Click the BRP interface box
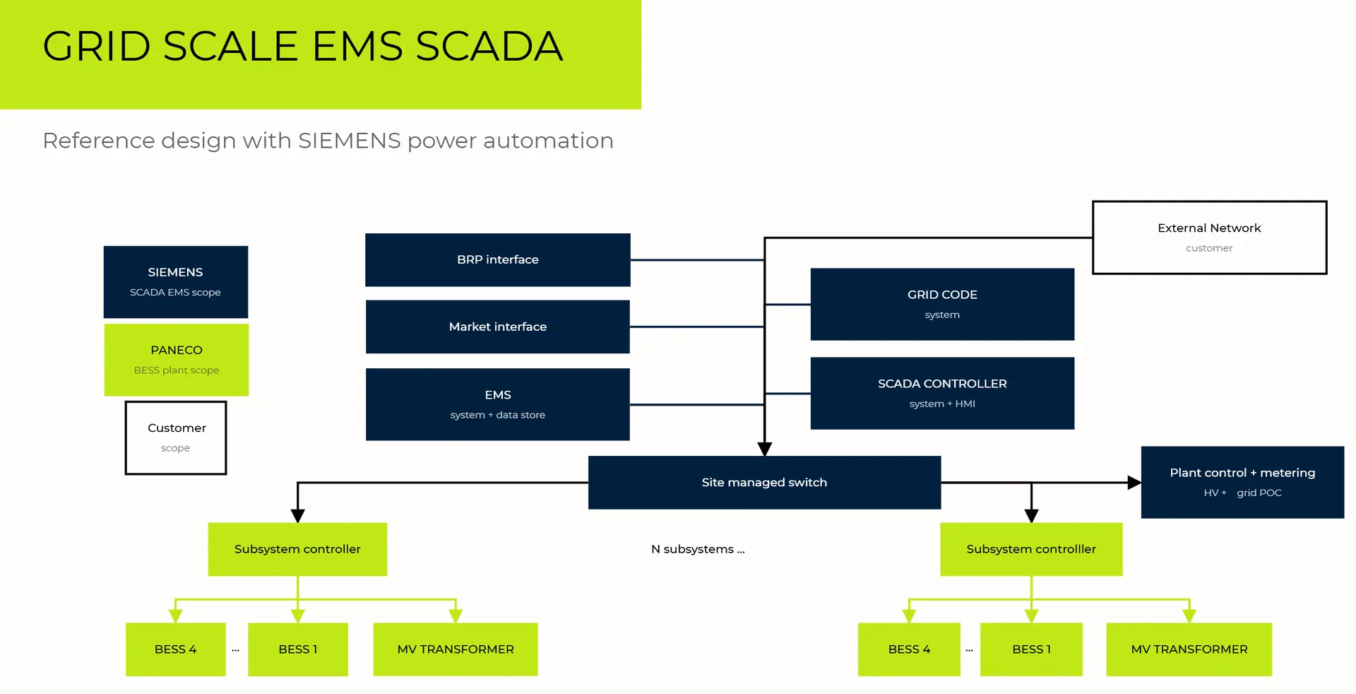pos(497,259)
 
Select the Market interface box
pos(497,327)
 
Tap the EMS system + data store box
pos(497,404)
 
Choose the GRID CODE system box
pos(942,304)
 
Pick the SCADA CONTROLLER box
pos(942,393)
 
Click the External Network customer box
pos(1209,237)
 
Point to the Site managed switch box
pos(764,482)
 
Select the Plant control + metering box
pos(1242,482)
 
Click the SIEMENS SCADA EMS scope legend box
pos(175,282)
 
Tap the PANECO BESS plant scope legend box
pos(177,360)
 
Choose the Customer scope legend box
pos(176,437)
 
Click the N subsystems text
pos(698,549)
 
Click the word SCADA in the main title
pos(489,47)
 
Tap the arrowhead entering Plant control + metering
pos(1134,483)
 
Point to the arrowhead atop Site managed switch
pos(764,449)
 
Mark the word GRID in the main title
pos(97,47)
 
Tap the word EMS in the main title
pos(357,47)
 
